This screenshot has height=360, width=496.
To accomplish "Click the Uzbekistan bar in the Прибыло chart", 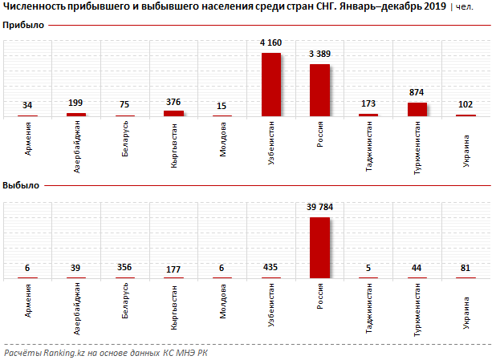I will point(271,84).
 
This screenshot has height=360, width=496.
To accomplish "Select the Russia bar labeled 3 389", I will point(319,90).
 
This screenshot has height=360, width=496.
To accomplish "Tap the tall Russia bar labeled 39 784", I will point(319,247).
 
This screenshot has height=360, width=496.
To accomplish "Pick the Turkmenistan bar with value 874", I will point(417,109).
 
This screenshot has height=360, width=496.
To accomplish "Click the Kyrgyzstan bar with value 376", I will point(173,113).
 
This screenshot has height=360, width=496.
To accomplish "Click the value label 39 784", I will point(319,208).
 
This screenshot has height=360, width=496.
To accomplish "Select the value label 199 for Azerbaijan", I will point(76,104).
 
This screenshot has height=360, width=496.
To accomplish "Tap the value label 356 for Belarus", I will point(124,268).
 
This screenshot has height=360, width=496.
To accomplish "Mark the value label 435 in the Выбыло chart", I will point(271,268).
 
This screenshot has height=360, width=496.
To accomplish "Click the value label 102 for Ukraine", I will point(466,105).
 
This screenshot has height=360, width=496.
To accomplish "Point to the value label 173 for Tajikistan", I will point(368,104).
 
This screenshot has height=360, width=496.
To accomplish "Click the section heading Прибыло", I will point(23,26).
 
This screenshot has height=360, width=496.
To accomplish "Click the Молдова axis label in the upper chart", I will point(222,138).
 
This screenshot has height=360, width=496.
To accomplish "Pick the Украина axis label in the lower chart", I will point(467,301).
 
